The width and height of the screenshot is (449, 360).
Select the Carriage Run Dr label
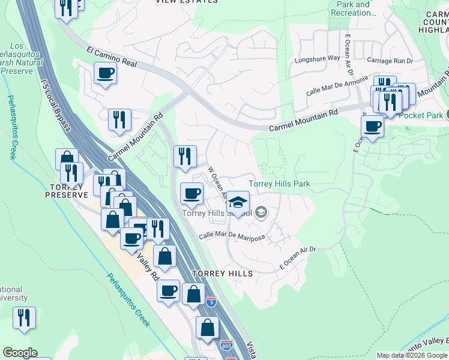tap(391, 61)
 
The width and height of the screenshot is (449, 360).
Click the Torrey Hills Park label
tap(279, 184)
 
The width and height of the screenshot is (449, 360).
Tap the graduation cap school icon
tap(238, 202)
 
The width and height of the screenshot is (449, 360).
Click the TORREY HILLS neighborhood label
tap(223, 273)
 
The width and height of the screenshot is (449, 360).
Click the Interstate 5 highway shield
tap(211, 302)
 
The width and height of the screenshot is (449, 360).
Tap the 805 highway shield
tap(226, 345)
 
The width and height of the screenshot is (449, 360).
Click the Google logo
tap(20, 353)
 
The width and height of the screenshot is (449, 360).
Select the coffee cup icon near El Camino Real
tap(105, 74)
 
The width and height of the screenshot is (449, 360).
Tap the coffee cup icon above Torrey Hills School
tap(192, 194)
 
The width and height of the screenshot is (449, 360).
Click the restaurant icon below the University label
tap(24, 317)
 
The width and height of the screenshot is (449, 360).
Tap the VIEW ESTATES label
tap(187, 2)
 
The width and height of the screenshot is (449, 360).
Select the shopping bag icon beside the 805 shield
tap(207, 328)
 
